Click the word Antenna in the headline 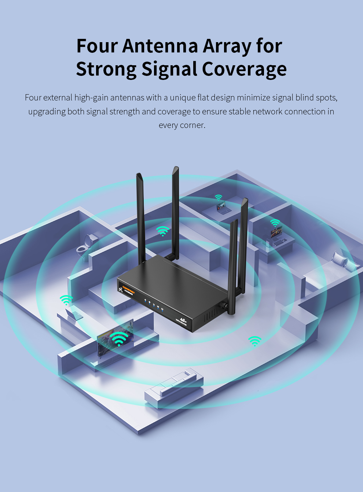tap(160, 46)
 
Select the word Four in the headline tap(97, 46)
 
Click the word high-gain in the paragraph tap(91, 98)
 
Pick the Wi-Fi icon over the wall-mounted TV tap(119, 338)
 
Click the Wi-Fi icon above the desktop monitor tap(275, 223)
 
